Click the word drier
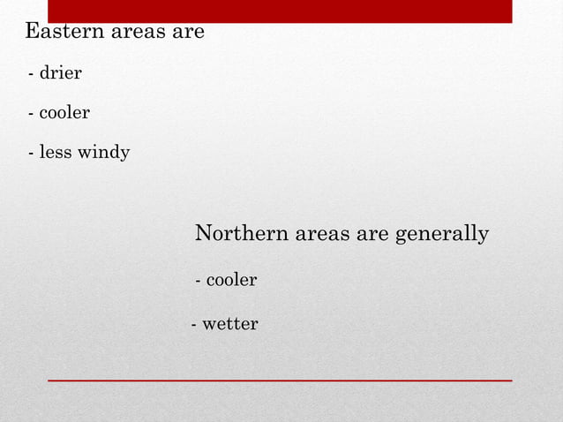[60, 73]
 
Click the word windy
[104, 154]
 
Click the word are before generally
[374, 234]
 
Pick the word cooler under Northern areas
[231, 281]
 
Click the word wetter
[230, 325]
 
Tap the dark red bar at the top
[280, 11]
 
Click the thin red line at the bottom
[280, 380]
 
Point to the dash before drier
[32, 74]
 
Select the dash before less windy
[32, 154]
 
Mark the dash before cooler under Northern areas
[199, 282]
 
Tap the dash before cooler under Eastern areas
[32, 115]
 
